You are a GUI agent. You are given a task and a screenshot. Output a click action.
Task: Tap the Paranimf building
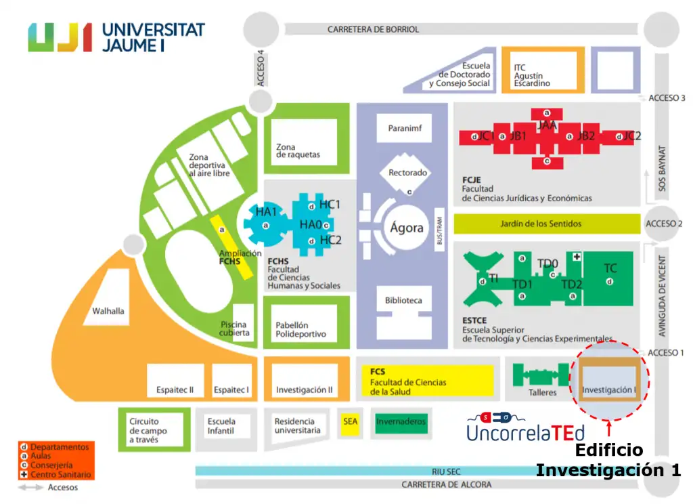(405, 128)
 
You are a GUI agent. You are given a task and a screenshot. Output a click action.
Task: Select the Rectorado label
(407, 173)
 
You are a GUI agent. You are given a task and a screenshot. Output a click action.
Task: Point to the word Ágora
(407, 228)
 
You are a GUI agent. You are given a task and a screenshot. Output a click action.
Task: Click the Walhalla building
(108, 312)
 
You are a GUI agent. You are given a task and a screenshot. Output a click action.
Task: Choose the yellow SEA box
(350, 421)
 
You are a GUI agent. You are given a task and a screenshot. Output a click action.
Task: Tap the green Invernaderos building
(401, 422)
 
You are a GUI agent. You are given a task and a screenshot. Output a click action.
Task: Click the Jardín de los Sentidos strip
(545, 224)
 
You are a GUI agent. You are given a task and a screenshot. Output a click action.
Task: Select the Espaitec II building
(171, 390)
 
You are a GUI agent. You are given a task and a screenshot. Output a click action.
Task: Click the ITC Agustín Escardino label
(532, 76)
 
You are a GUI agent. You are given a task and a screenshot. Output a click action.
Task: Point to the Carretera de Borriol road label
(373, 30)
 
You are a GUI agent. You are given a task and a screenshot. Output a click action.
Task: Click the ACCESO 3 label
(667, 98)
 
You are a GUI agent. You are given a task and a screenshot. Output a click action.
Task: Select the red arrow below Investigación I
(608, 428)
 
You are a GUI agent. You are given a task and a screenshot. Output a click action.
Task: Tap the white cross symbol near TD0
(577, 257)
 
